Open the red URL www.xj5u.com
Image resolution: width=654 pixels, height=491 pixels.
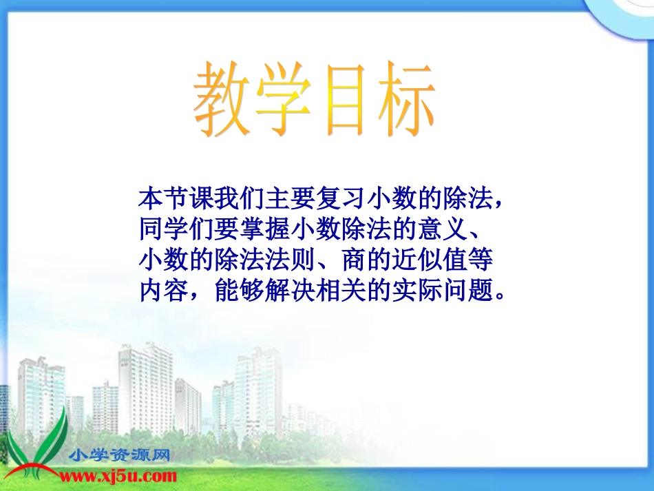[121, 476]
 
